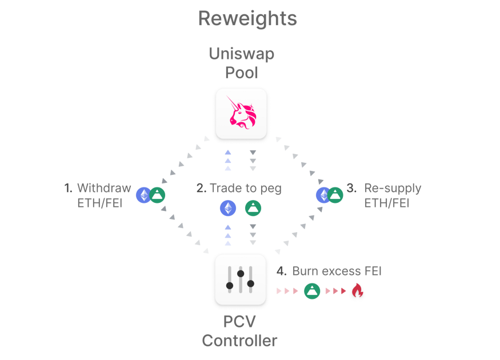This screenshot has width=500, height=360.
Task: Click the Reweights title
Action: point(247,18)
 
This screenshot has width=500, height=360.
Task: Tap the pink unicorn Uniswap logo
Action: point(241,113)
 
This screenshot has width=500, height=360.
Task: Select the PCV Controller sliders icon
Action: point(240,279)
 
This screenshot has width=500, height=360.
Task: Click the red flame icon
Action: point(357,290)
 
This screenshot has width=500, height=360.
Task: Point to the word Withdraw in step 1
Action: point(104,188)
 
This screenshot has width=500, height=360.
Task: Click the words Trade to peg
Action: point(246,188)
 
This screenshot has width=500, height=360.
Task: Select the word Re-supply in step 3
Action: point(393,188)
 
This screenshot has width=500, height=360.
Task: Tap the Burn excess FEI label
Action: point(337,271)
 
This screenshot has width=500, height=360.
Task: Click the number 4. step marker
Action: point(282,271)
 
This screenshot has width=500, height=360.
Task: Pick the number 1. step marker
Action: point(69,188)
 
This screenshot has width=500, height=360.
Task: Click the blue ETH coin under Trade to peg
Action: point(228,208)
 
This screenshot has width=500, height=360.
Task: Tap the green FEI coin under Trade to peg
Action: point(253,208)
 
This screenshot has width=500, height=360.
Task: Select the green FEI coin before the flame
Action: point(312,290)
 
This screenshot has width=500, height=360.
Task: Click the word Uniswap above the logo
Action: point(241,54)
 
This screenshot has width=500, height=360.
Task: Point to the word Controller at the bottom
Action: point(239,341)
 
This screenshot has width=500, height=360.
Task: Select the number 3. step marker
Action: point(352,188)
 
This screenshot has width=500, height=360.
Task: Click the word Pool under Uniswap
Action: point(241,73)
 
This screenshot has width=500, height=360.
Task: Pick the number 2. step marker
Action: point(201,188)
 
